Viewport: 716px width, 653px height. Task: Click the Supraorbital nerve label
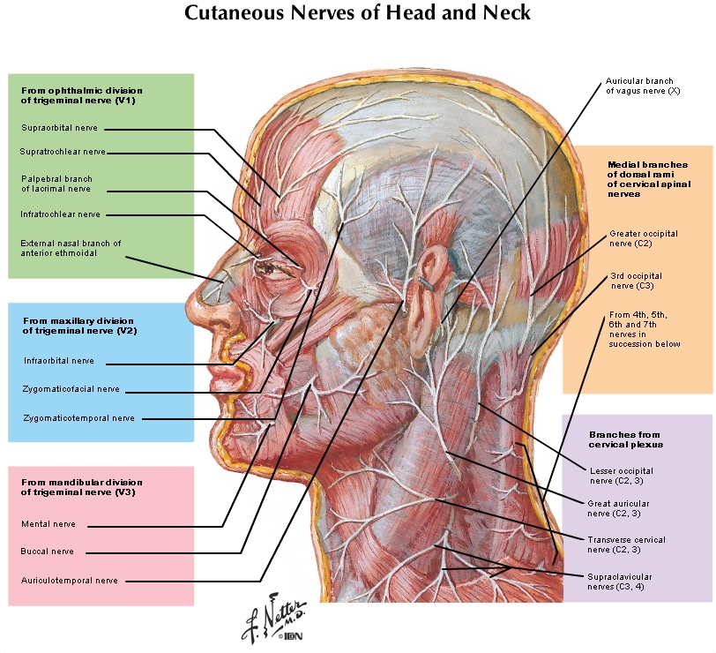click(59, 128)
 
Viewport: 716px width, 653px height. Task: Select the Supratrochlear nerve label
click(63, 152)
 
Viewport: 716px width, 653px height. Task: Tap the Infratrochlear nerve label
click(60, 214)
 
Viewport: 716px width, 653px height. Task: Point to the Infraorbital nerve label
click(59, 361)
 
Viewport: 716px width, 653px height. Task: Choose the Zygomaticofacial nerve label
click(71, 389)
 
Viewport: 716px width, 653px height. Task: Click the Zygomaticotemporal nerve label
click(78, 418)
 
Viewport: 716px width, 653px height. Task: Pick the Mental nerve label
click(48, 524)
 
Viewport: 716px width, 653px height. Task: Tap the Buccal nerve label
click(47, 552)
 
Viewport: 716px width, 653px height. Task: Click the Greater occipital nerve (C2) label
click(644, 238)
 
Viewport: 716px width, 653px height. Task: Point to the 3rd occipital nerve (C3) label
click(636, 281)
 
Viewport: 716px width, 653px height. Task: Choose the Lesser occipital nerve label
click(621, 476)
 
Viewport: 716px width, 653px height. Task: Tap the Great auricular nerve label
click(618, 508)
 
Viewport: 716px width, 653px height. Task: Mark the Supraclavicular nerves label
click(619, 582)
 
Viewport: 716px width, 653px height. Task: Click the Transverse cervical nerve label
click(626, 544)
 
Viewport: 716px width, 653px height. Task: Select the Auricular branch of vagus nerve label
click(643, 86)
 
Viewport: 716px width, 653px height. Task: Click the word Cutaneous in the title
click(235, 12)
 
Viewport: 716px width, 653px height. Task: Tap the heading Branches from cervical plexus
click(625, 439)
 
